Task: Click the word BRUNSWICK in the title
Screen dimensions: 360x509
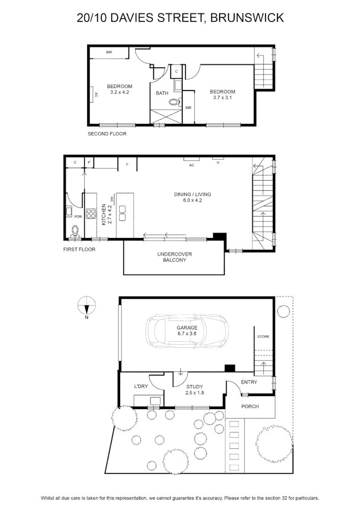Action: (x=247, y=17)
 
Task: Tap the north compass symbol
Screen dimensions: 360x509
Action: (x=87, y=306)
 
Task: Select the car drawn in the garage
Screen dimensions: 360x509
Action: (x=187, y=331)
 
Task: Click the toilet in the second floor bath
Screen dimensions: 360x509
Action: (x=174, y=102)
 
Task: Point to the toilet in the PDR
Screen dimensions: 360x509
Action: (x=75, y=231)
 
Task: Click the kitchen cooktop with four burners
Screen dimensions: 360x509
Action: (x=91, y=213)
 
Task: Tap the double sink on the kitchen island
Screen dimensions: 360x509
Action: (x=123, y=213)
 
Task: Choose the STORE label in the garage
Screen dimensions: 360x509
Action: (x=263, y=337)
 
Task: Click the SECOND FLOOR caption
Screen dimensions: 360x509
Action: (x=107, y=134)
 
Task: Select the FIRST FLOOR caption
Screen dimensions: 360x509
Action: (x=79, y=249)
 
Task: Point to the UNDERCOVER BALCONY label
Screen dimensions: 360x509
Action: (x=175, y=257)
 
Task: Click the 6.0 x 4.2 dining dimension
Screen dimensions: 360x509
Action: (x=193, y=200)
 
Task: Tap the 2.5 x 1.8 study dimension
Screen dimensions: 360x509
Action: (x=195, y=393)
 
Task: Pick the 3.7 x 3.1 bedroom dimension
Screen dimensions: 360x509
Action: (x=222, y=98)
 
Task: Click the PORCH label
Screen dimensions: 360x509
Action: (x=250, y=406)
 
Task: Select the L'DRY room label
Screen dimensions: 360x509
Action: (x=141, y=386)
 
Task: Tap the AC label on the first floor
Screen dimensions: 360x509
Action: (x=191, y=165)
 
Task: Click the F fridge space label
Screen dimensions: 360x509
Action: (x=127, y=164)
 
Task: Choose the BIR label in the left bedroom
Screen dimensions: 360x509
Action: (x=109, y=52)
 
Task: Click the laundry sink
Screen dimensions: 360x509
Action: (x=155, y=401)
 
